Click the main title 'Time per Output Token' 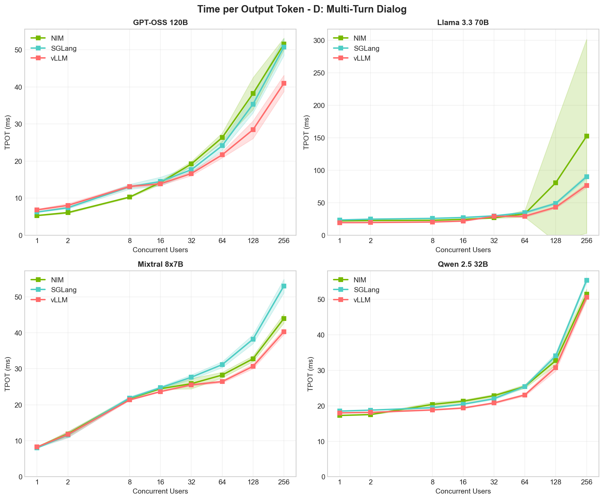point(302,9)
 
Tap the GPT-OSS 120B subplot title point(160,23)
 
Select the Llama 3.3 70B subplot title point(463,23)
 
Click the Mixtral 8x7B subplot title point(160,265)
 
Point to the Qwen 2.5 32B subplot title point(463,265)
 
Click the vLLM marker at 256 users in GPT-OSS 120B point(284,83)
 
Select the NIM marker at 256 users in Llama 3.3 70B point(586,136)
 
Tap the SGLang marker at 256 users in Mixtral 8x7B point(284,286)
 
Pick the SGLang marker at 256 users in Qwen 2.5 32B point(586,280)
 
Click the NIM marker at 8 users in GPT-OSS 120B point(130,197)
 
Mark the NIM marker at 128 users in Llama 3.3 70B point(556,183)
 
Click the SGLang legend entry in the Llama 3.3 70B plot point(366,48)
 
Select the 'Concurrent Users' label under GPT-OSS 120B point(160,250)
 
